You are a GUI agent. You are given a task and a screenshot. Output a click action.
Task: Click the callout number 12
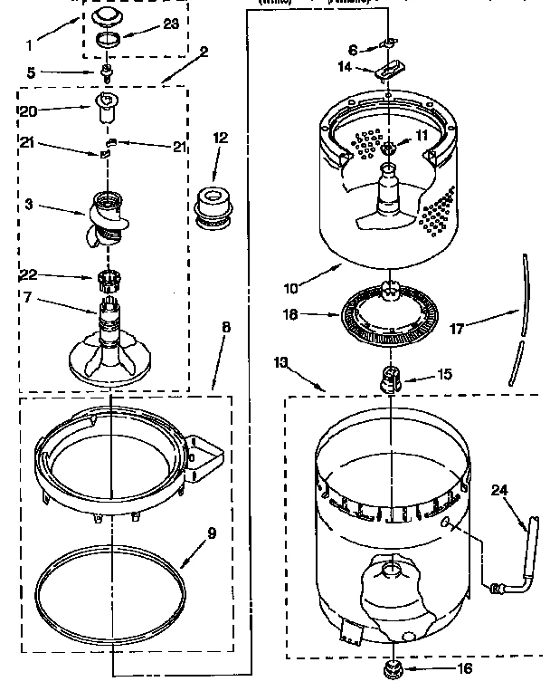tap(221, 138)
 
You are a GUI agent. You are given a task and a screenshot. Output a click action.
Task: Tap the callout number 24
tap(498, 490)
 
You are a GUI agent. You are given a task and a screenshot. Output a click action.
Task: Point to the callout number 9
tap(211, 533)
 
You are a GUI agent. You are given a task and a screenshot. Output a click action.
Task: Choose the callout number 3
tap(29, 205)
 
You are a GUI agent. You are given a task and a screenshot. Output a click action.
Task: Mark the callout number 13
tap(281, 362)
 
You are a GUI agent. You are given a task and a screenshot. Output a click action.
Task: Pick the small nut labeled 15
tap(390, 377)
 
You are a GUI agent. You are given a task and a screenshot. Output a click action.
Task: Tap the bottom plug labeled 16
tap(392, 670)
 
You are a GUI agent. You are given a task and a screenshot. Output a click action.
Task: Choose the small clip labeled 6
tap(390, 43)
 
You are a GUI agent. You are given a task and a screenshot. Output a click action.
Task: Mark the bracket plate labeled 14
tap(390, 72)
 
